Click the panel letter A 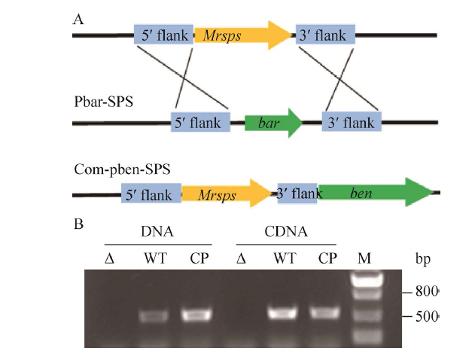(78, 17)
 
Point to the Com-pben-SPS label (121, 170)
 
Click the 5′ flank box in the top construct (163, 35)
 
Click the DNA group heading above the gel (157, 233)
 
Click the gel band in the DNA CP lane (196, 314)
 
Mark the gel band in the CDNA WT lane (285, 312)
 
